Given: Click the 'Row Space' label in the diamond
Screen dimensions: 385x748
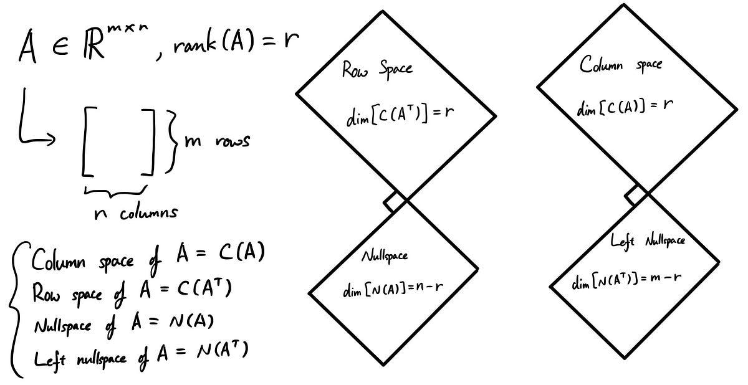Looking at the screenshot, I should [x=376, y=69].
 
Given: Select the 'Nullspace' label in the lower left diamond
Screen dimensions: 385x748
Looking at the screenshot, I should [x=385, y=256].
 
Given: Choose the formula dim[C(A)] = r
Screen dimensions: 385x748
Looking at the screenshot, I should [x=625, y=107].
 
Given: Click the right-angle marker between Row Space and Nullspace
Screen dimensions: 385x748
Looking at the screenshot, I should [x=395, y=202].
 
